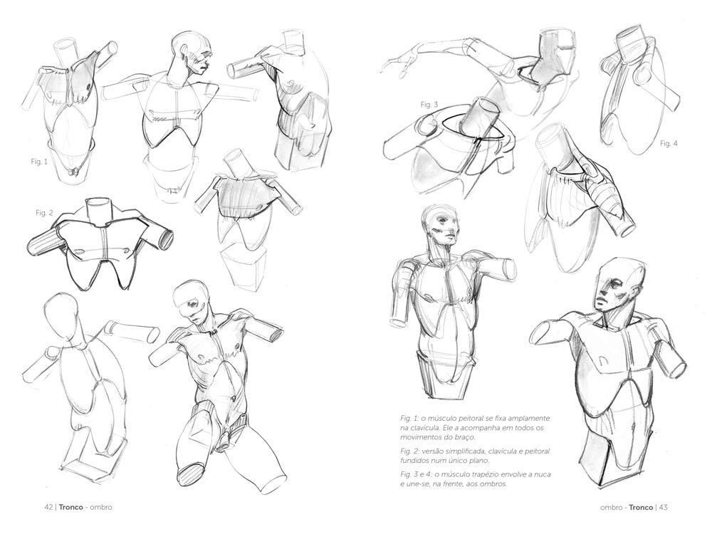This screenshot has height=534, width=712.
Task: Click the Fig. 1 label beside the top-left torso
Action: coord(38,161)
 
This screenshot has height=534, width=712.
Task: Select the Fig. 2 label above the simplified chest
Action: coord(45,213)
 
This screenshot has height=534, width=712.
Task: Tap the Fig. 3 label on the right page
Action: coord(429,105)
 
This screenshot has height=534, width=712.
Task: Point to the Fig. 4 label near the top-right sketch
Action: coord(669,144)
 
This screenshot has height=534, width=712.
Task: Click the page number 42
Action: coord(48,507)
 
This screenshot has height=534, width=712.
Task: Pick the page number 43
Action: coord(662,507)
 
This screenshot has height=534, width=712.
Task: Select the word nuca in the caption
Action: coord(539,473)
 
